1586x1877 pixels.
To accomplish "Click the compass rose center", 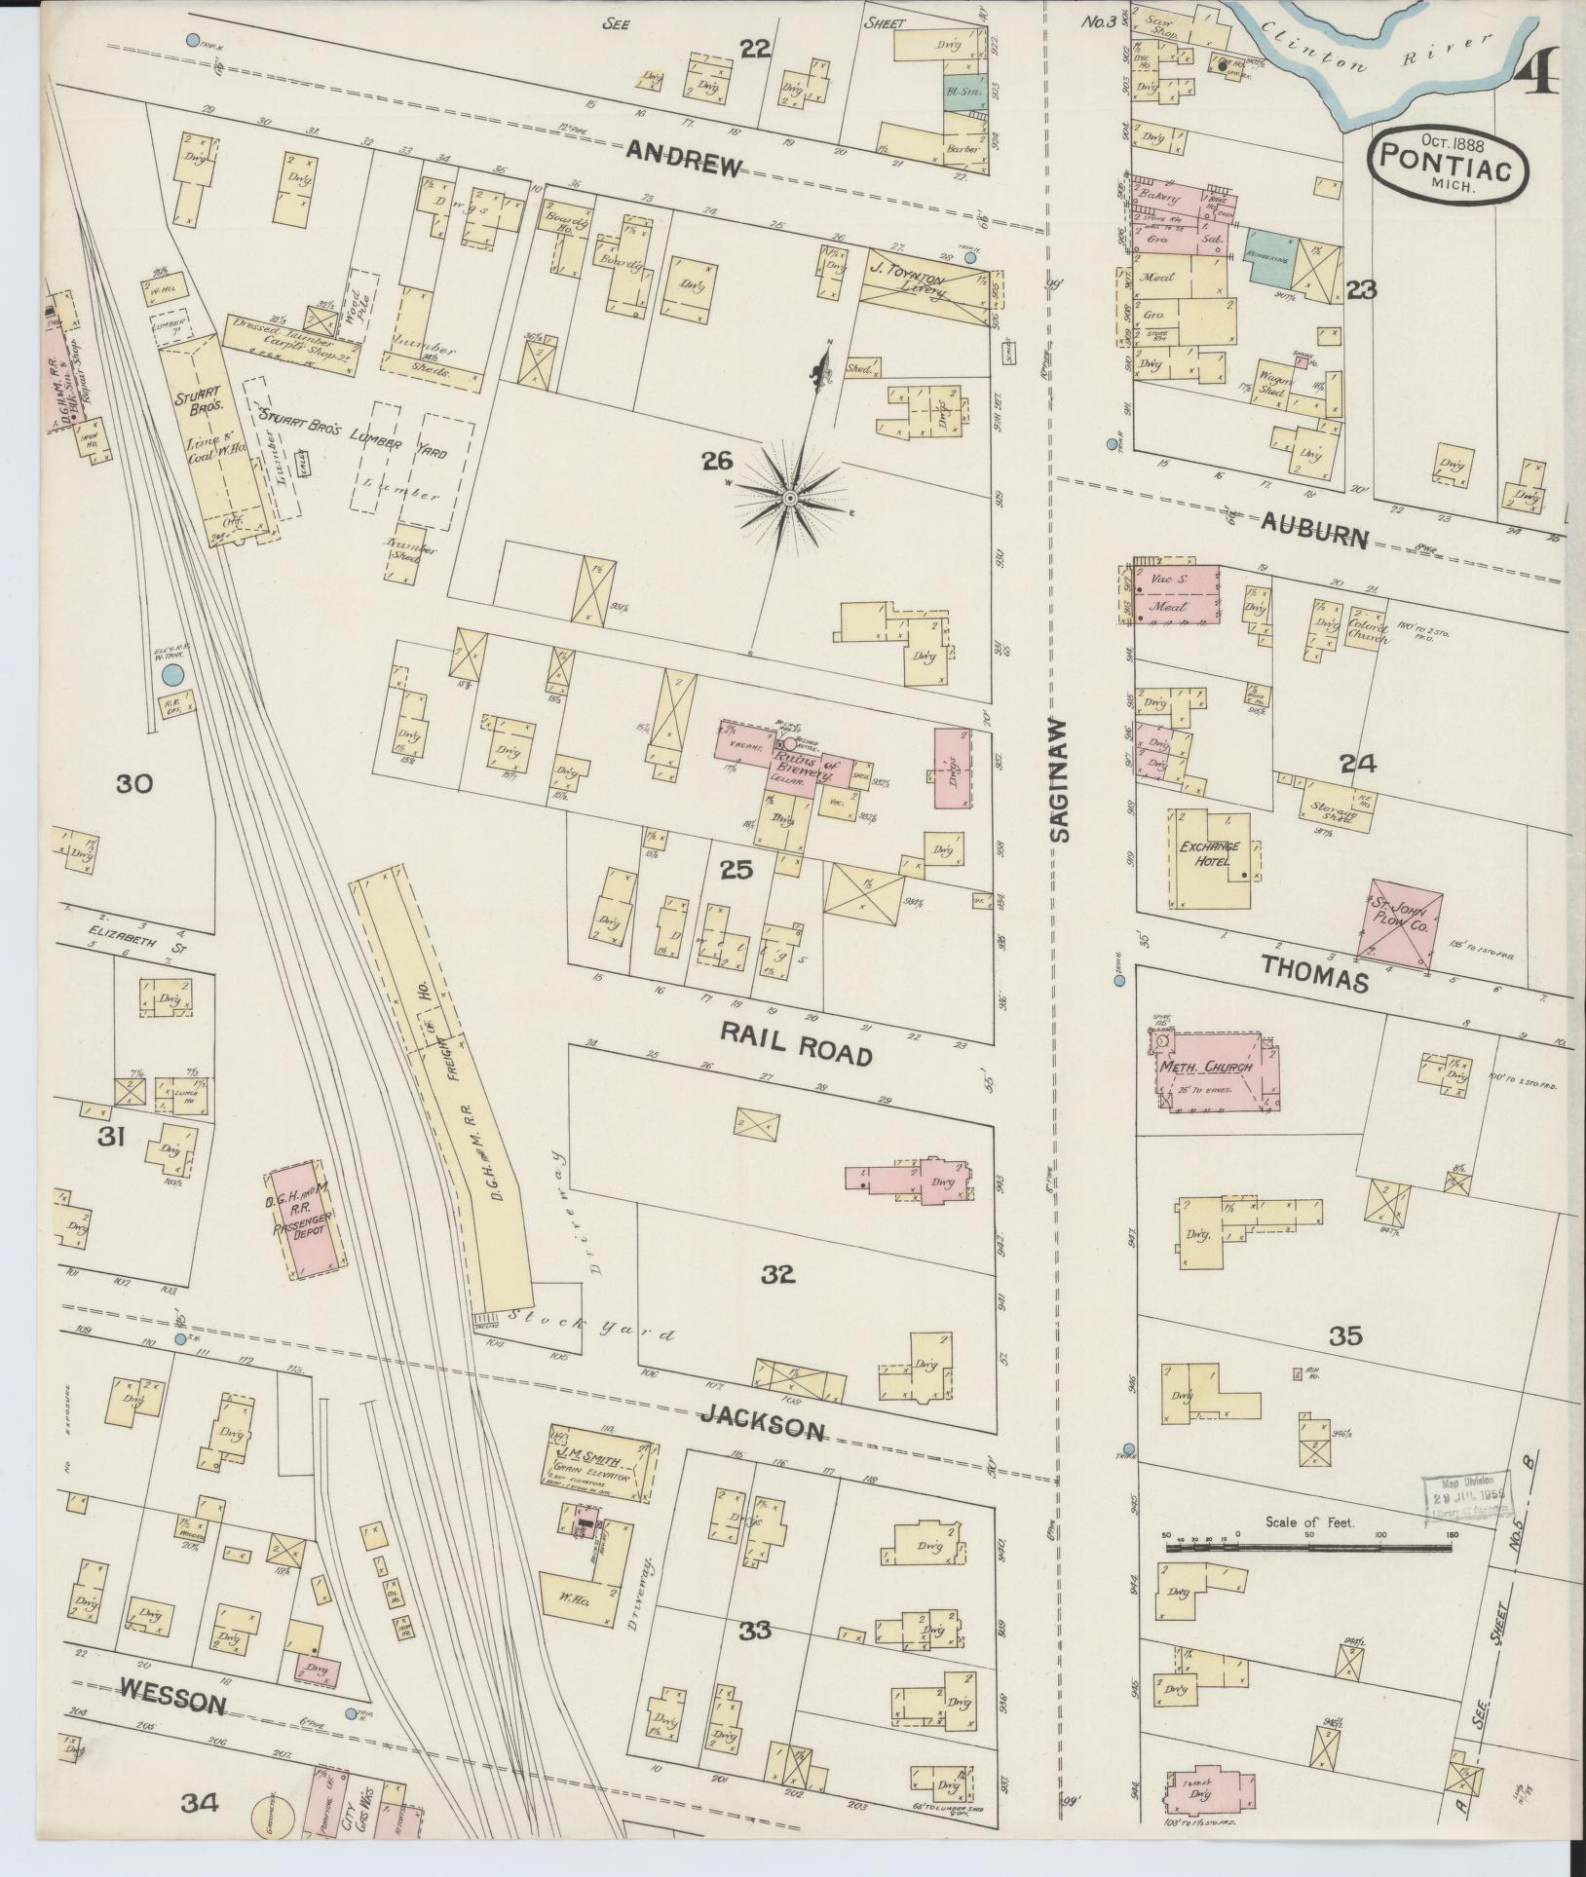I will point(791,499).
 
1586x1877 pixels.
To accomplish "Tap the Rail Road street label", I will point(794,1041).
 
